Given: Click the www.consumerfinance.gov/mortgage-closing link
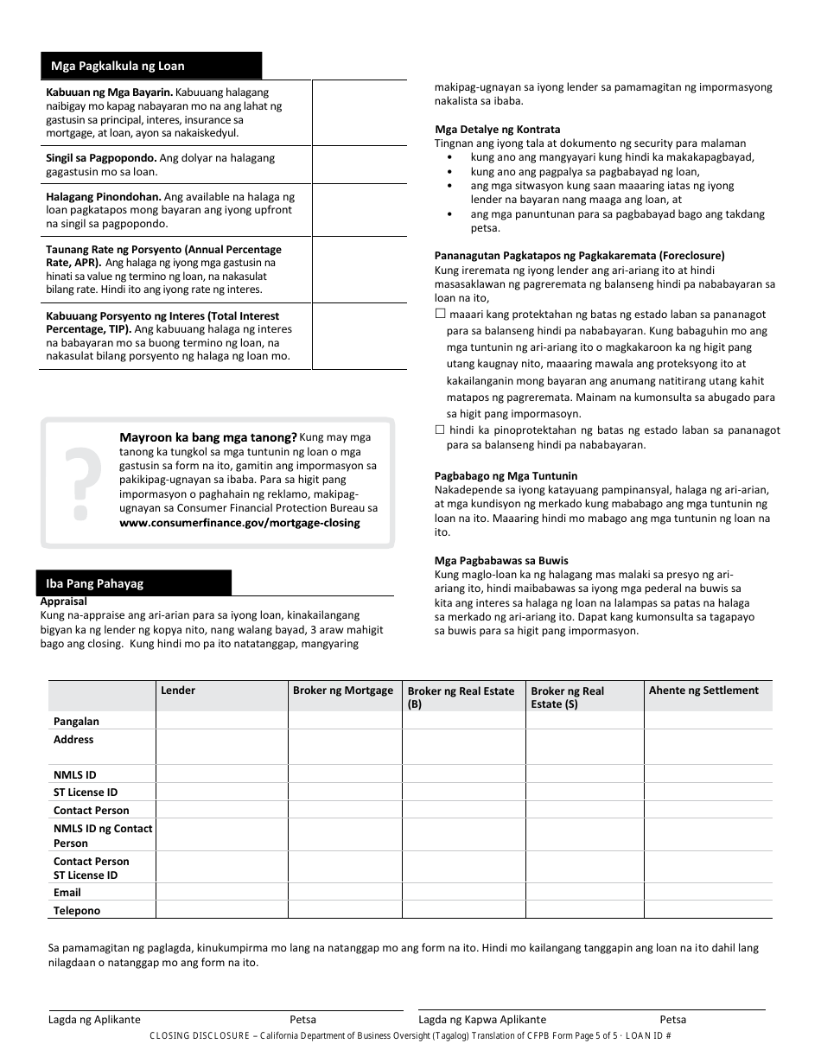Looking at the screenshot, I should [x=239, y=522].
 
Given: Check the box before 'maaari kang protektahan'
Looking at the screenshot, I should [x=440, y=315].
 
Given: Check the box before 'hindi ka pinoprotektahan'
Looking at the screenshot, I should [x=440, y=430].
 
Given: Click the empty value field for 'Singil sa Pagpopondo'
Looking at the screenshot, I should [x=359, y=164].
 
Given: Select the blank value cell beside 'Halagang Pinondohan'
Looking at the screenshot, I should [x=359, y=210].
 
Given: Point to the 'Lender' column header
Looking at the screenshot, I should [x=178, y=690].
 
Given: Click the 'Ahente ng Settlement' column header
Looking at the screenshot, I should [x=703, y=690].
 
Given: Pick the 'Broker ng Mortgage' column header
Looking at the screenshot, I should [x=343, y=690].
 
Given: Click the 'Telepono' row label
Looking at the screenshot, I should [x=77, y=910].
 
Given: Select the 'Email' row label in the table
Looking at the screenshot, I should [x=67, y=892].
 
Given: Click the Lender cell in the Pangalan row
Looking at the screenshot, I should [x=221, y=721].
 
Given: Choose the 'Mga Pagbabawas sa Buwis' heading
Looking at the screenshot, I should [x=489, y=561].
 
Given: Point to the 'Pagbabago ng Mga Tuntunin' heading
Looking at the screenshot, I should [x=506, y=476].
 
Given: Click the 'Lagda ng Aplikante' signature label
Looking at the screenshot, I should [x=94, y=1019].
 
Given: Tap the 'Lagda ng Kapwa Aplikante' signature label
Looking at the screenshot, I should [x=482, y=1019].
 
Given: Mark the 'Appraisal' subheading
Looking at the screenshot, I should [x=64, y=601].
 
